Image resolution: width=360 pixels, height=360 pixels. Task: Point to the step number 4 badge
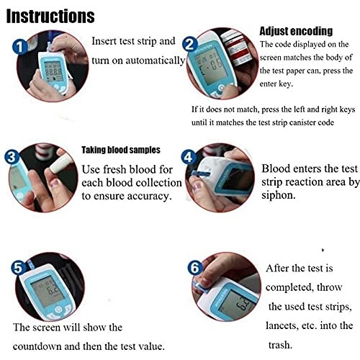(x=187, y=156)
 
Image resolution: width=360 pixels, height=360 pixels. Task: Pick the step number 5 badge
(x=19, y=266)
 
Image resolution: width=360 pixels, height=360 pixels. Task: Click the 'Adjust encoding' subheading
(x=296, y=31)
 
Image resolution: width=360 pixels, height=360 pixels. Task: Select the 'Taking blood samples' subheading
(x=120, y=150)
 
